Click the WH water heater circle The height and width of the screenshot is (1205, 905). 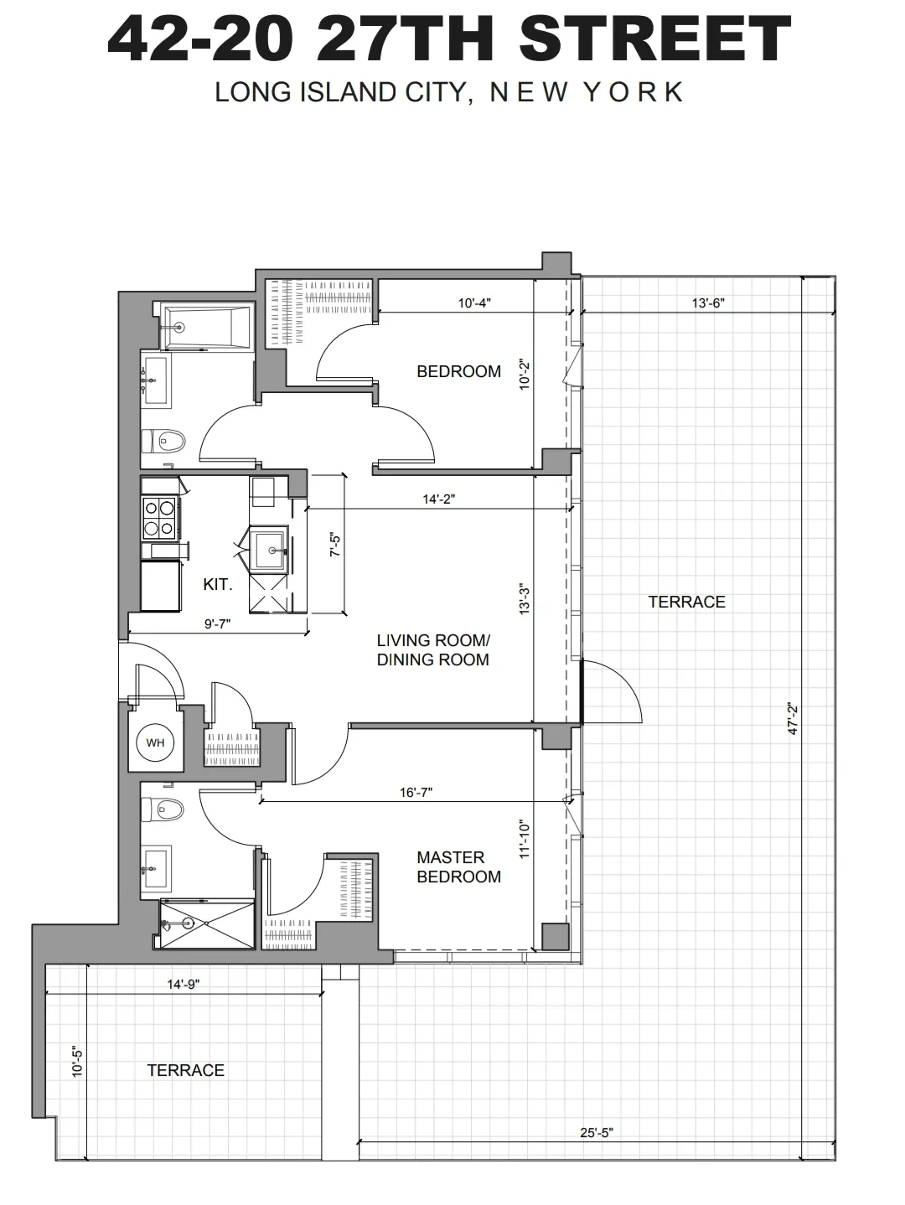(x=155, y=742)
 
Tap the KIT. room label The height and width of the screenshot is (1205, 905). (x=217, y=585)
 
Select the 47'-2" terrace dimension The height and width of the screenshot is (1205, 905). (x=793, y=719)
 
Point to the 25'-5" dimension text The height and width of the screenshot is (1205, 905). (x=597, y=1133)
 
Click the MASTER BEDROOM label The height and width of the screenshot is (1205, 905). (x=458, y=867)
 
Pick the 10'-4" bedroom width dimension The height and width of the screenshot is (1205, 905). (x=474, y=303)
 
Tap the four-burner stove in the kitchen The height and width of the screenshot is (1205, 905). (x=159, y=517)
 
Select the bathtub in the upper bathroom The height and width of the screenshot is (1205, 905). (x=204, y=328)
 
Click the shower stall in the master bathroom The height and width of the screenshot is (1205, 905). (x=206, y=924)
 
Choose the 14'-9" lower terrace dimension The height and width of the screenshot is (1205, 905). (x=184, y=985)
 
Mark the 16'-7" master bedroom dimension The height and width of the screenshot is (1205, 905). (x=416, y=792)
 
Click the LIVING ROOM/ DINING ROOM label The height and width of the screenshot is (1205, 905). (x=432, y=650)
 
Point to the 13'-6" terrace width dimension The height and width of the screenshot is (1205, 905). (x=707, y=303)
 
